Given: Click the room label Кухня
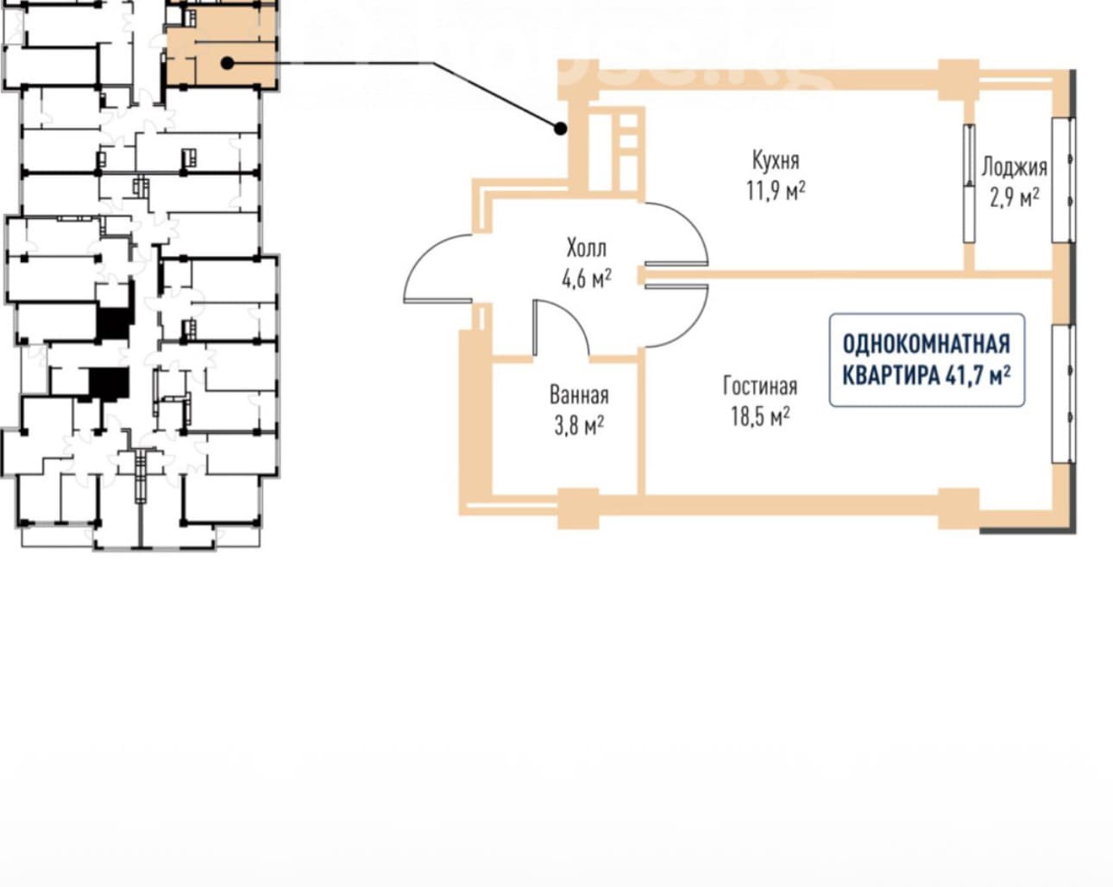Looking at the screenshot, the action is (x=776, y=160).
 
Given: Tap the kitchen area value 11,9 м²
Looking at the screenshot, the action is (x=776, y=191).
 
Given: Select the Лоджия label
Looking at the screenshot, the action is (x=1015, y=167).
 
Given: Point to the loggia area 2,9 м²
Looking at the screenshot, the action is (x=1015, y=197).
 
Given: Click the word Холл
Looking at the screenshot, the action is (x=587, y=248).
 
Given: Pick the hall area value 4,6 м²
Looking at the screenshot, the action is (x=587, y=278).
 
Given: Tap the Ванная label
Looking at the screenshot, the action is (x=579, y=396).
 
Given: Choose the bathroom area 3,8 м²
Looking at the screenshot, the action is (x=579, y=426).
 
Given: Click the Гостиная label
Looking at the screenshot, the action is (x=760, y=386).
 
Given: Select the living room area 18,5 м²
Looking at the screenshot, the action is (x=760, y=416).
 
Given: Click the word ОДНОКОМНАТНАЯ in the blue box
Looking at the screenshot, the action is (x=927, y=344).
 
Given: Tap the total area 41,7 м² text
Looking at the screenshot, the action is (x=978, y=375).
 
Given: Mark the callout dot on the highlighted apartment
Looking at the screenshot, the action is (x=227, y=63).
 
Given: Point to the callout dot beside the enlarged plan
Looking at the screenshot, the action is (x=560, y=128).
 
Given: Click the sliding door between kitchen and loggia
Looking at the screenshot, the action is (x=969, y=183).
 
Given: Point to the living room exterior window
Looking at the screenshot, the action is (x=1065, y=394).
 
